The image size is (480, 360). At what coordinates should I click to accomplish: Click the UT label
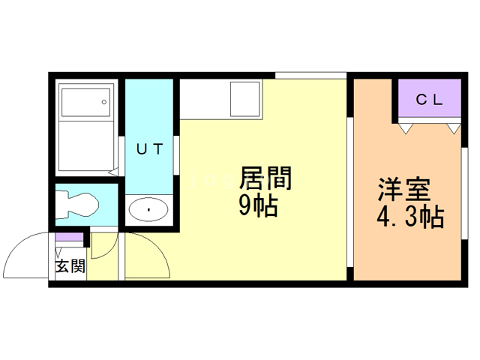point(148,148)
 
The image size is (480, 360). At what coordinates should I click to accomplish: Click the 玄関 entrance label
point(69,265)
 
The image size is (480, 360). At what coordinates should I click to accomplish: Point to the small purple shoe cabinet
point(69,238)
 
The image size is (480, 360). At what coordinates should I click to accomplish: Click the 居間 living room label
point(264,179)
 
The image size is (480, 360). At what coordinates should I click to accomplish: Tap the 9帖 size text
point(258,205)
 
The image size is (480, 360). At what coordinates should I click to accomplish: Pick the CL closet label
point(429,99)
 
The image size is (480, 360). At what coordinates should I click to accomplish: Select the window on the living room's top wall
point(310,74)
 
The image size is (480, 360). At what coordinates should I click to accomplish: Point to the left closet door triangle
point(405,128)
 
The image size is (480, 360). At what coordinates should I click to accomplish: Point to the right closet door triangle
point(453,128)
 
